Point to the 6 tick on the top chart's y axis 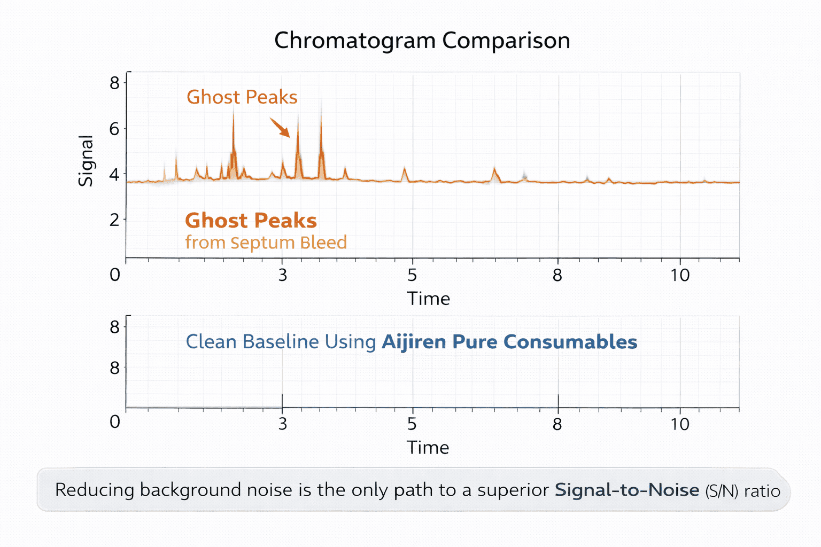pos(114,129)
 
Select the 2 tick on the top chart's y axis pos(114,220)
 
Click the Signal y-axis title pos(86,160)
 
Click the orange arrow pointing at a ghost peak pos(280,128)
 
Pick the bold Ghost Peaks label pos(251,221)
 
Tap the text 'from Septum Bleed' pos(266,243)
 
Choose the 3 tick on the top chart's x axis pos(282,275)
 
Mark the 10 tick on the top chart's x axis pos(680,275)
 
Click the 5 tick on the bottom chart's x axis pos(412,424)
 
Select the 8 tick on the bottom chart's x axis pos(557,424)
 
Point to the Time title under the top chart pos(428,299)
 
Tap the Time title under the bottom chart pos(428,448)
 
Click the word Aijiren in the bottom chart pos(414,342)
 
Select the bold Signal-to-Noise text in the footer pos(626,490)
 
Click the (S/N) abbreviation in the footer pos(722,491)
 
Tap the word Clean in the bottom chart pos(211,342)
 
